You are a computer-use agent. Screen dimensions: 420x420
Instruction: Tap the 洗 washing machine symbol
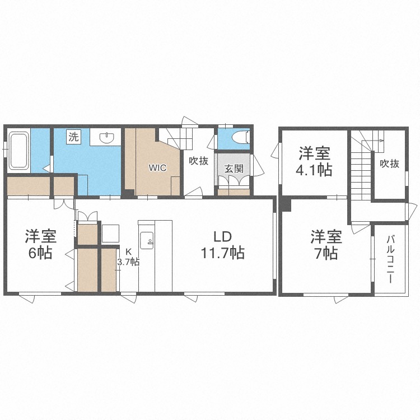tap(73, 137)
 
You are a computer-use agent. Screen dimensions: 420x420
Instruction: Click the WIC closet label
tap(157, 168)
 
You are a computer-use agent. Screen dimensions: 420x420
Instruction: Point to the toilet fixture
tap(241, 138)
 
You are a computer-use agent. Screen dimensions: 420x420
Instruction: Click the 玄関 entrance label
tap(234, 169)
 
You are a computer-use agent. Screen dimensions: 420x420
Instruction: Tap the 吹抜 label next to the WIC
tap(198, 161)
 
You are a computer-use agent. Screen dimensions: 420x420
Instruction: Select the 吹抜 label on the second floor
tap(389, 164)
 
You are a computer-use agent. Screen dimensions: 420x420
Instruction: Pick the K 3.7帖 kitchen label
tap(129, 257)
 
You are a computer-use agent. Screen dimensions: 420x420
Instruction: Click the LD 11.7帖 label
tap(222, 245)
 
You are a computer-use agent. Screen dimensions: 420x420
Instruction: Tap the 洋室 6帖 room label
tap(40, 244)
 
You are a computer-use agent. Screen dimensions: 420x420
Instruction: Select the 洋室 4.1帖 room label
tap(314, 161)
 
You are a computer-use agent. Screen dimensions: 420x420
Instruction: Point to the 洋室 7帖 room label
tap(326, 244)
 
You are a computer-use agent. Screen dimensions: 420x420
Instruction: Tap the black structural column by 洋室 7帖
tap(286, 204)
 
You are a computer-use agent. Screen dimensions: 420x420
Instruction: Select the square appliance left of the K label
tap(110, 234)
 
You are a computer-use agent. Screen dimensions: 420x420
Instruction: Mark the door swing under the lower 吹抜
tap(193, 192)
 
